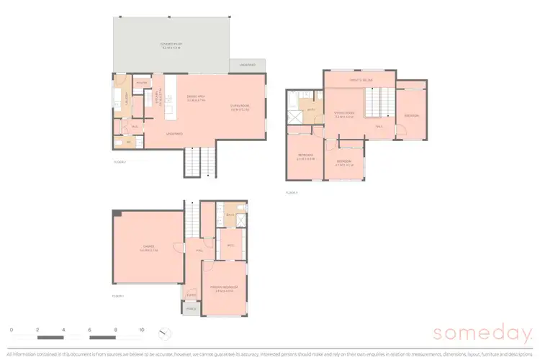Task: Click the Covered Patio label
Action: tap(171, 45)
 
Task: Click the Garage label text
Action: tap(149, 249)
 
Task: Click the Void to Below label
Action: tap(359, 80)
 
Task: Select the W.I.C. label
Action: tap(231, 246)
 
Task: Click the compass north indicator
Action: tap(166, 333)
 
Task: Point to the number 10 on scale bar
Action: tap(142, 329)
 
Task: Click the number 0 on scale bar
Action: tap(11, 329)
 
